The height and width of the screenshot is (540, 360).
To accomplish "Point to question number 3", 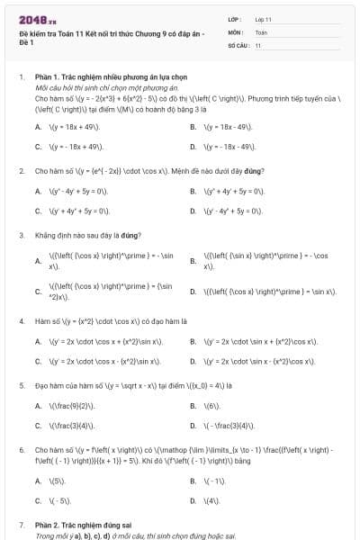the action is click(x=21, y=236).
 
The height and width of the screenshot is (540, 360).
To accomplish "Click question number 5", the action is click(x=21, y=385).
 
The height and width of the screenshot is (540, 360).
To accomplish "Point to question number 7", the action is click(x=21, y=524).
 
